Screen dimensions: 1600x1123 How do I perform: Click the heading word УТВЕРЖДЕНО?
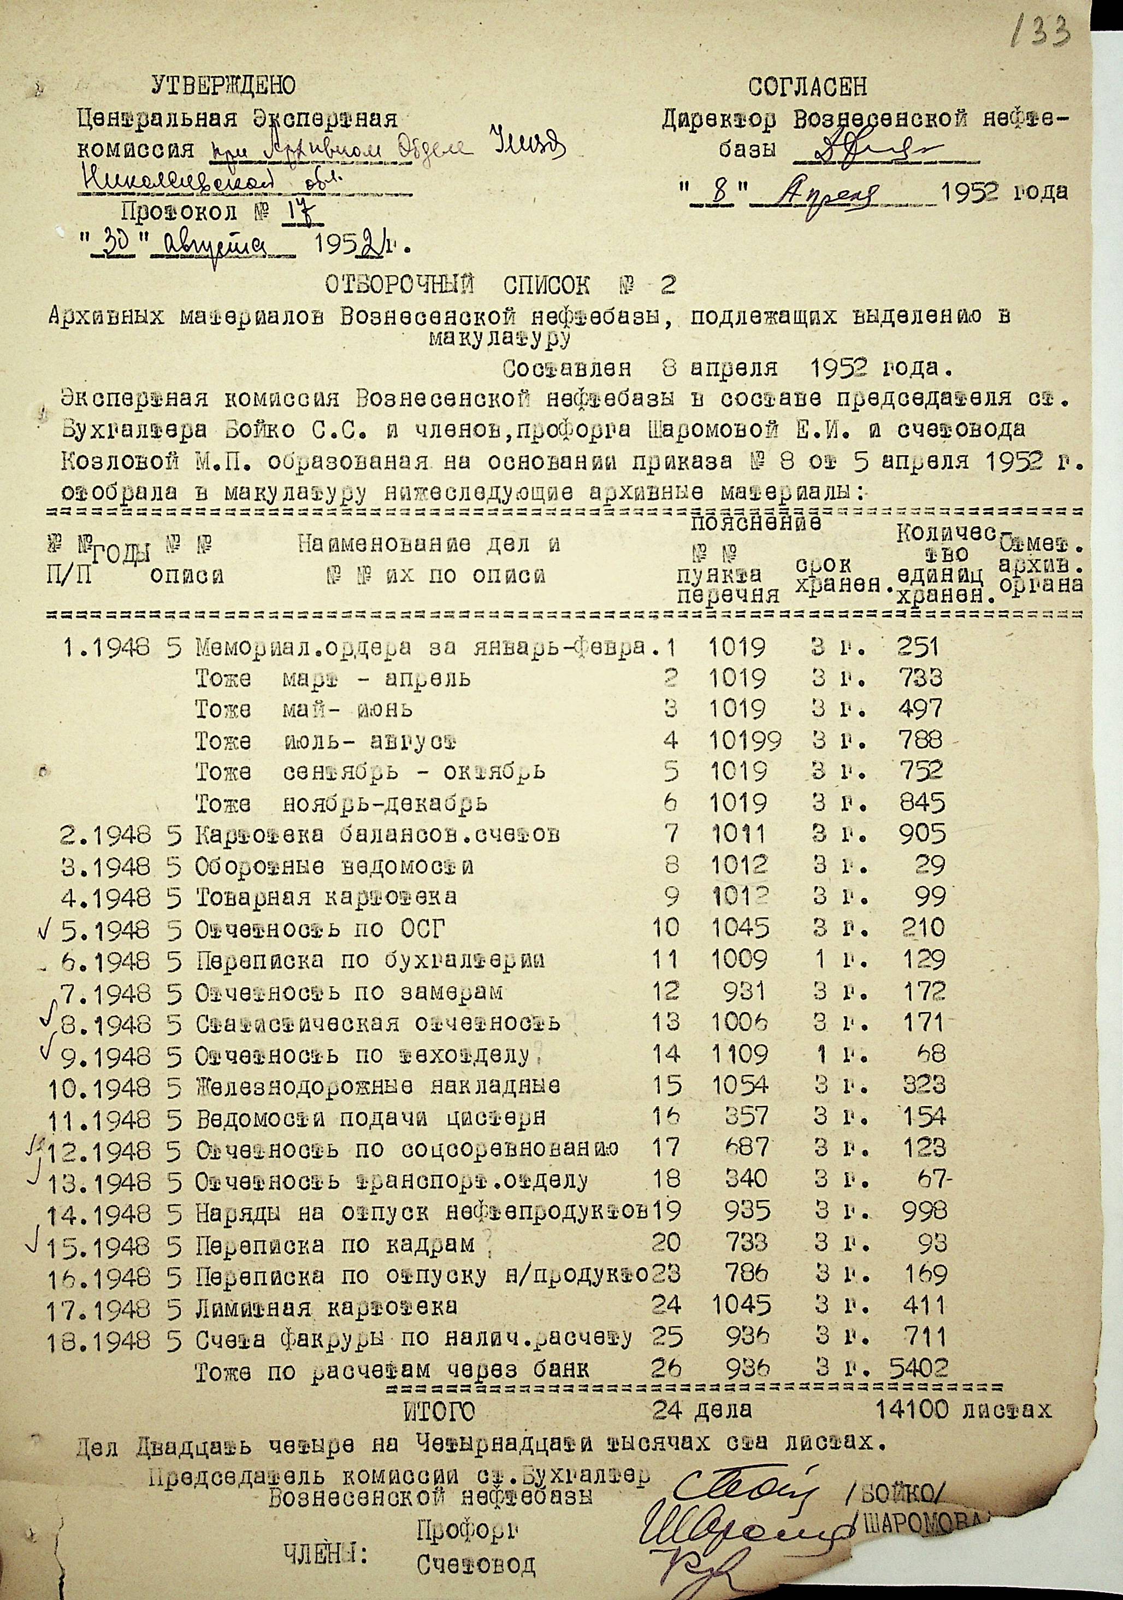tap(223, 86)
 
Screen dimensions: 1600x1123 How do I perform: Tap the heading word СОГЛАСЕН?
tap(808, 87)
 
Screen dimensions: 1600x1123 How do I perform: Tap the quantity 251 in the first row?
tap(918, 648)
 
